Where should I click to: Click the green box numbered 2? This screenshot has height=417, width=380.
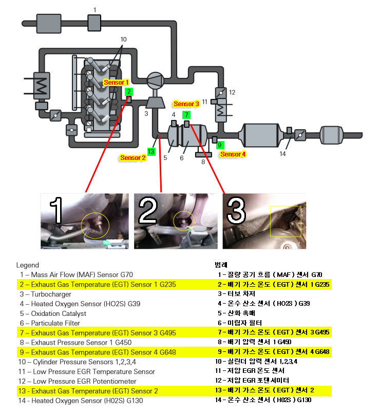click(129, 92)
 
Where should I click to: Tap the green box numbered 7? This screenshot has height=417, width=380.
click(186, 114)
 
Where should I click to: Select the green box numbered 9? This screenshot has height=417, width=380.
click(221, 145)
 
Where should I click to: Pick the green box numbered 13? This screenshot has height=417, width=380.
click(151, 151)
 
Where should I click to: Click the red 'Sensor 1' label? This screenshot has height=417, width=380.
click(117, 82)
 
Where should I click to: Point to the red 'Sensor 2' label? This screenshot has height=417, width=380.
click(133, 158)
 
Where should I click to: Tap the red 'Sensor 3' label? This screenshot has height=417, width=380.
click(186, 104)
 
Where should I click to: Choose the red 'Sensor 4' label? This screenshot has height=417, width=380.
click(233, 154)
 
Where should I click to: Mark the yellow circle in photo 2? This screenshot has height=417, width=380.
click(184, 221)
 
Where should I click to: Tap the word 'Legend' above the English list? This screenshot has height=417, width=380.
click(27, 265)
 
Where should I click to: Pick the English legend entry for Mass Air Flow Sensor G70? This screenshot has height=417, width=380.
click(74, 275)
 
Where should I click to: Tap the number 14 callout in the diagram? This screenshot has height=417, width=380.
click(282, 153)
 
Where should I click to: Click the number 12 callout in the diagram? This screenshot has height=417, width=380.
click(232, 92)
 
